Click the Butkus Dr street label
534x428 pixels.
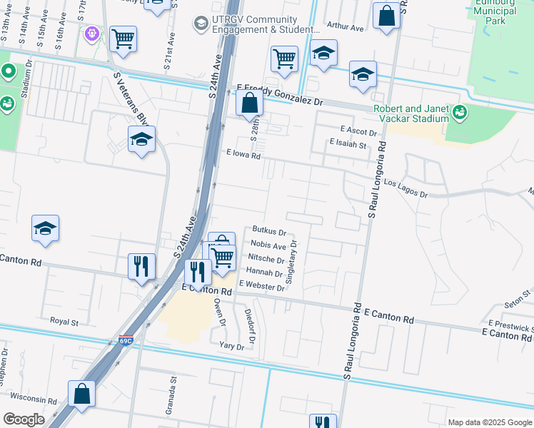tap(269, 232)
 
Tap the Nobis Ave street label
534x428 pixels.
tap(269, 246)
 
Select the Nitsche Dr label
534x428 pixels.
tap(265, 259)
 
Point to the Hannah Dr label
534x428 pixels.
tap(264, 272)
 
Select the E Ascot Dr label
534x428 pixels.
tap(358, 131)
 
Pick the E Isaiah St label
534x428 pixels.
tap(348, 144)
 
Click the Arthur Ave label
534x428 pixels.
tap(346, 26)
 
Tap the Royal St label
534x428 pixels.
tap(64, 322)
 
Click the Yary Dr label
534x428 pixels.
tap(231, 347)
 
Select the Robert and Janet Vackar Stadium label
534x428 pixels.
tap(411, 113)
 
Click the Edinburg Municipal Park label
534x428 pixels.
tap(495, 12)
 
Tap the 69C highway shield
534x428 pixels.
tap(126, 341)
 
